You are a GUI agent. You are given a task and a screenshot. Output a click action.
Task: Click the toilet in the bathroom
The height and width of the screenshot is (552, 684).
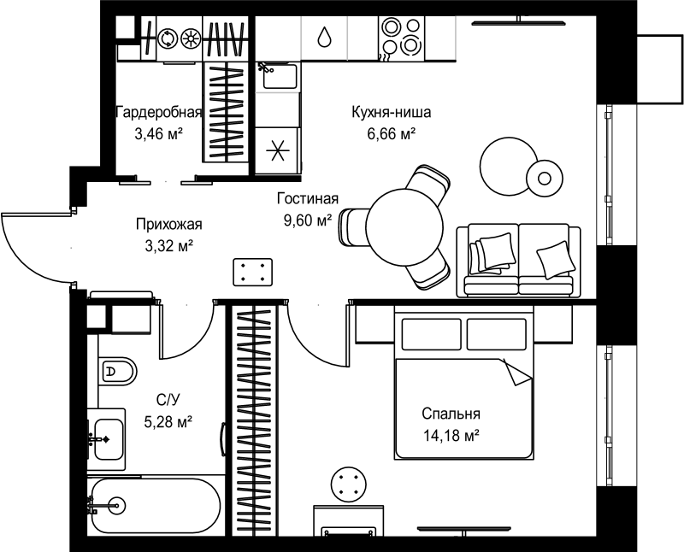click(x=117, y=372)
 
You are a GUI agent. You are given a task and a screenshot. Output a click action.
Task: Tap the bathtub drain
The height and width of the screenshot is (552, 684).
click(x=117, y=505)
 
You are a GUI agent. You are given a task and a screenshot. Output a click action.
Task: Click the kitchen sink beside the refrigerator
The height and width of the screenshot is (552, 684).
click(x=280, y=75)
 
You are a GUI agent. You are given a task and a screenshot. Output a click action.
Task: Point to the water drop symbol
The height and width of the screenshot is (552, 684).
click(x=324, y=37)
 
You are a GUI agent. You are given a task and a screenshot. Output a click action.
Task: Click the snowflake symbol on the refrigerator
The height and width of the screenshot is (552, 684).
click(x=278, y=150)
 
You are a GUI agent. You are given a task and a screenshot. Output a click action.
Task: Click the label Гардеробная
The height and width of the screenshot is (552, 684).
click(x=159, y=113)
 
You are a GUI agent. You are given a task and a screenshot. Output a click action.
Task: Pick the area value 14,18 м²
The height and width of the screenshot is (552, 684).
click(x=451, y=435)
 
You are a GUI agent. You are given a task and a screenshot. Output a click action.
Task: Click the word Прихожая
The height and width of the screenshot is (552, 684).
click(x=168, y=225)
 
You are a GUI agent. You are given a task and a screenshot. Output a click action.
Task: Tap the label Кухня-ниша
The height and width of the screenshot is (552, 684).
click(x=392, y=112)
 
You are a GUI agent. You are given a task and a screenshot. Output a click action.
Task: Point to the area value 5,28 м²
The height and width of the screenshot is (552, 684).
click(x=168, y=421)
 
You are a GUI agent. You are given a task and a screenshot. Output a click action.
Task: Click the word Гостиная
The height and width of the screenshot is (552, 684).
click(x=308, y=199)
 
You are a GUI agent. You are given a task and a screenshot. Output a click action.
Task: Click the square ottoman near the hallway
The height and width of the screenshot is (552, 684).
click(x=253, y=272)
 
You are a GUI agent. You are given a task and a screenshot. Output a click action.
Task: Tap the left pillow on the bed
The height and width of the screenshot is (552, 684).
click(x=431, y=334)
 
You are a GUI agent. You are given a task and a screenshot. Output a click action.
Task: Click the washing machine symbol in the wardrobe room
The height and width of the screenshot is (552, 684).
click(x=167, y=38)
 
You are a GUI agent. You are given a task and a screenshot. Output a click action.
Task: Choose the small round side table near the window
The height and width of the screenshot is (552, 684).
click(x=544, y=179)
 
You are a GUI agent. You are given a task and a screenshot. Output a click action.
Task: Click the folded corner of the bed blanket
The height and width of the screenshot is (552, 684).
click(x=516, y=373)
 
